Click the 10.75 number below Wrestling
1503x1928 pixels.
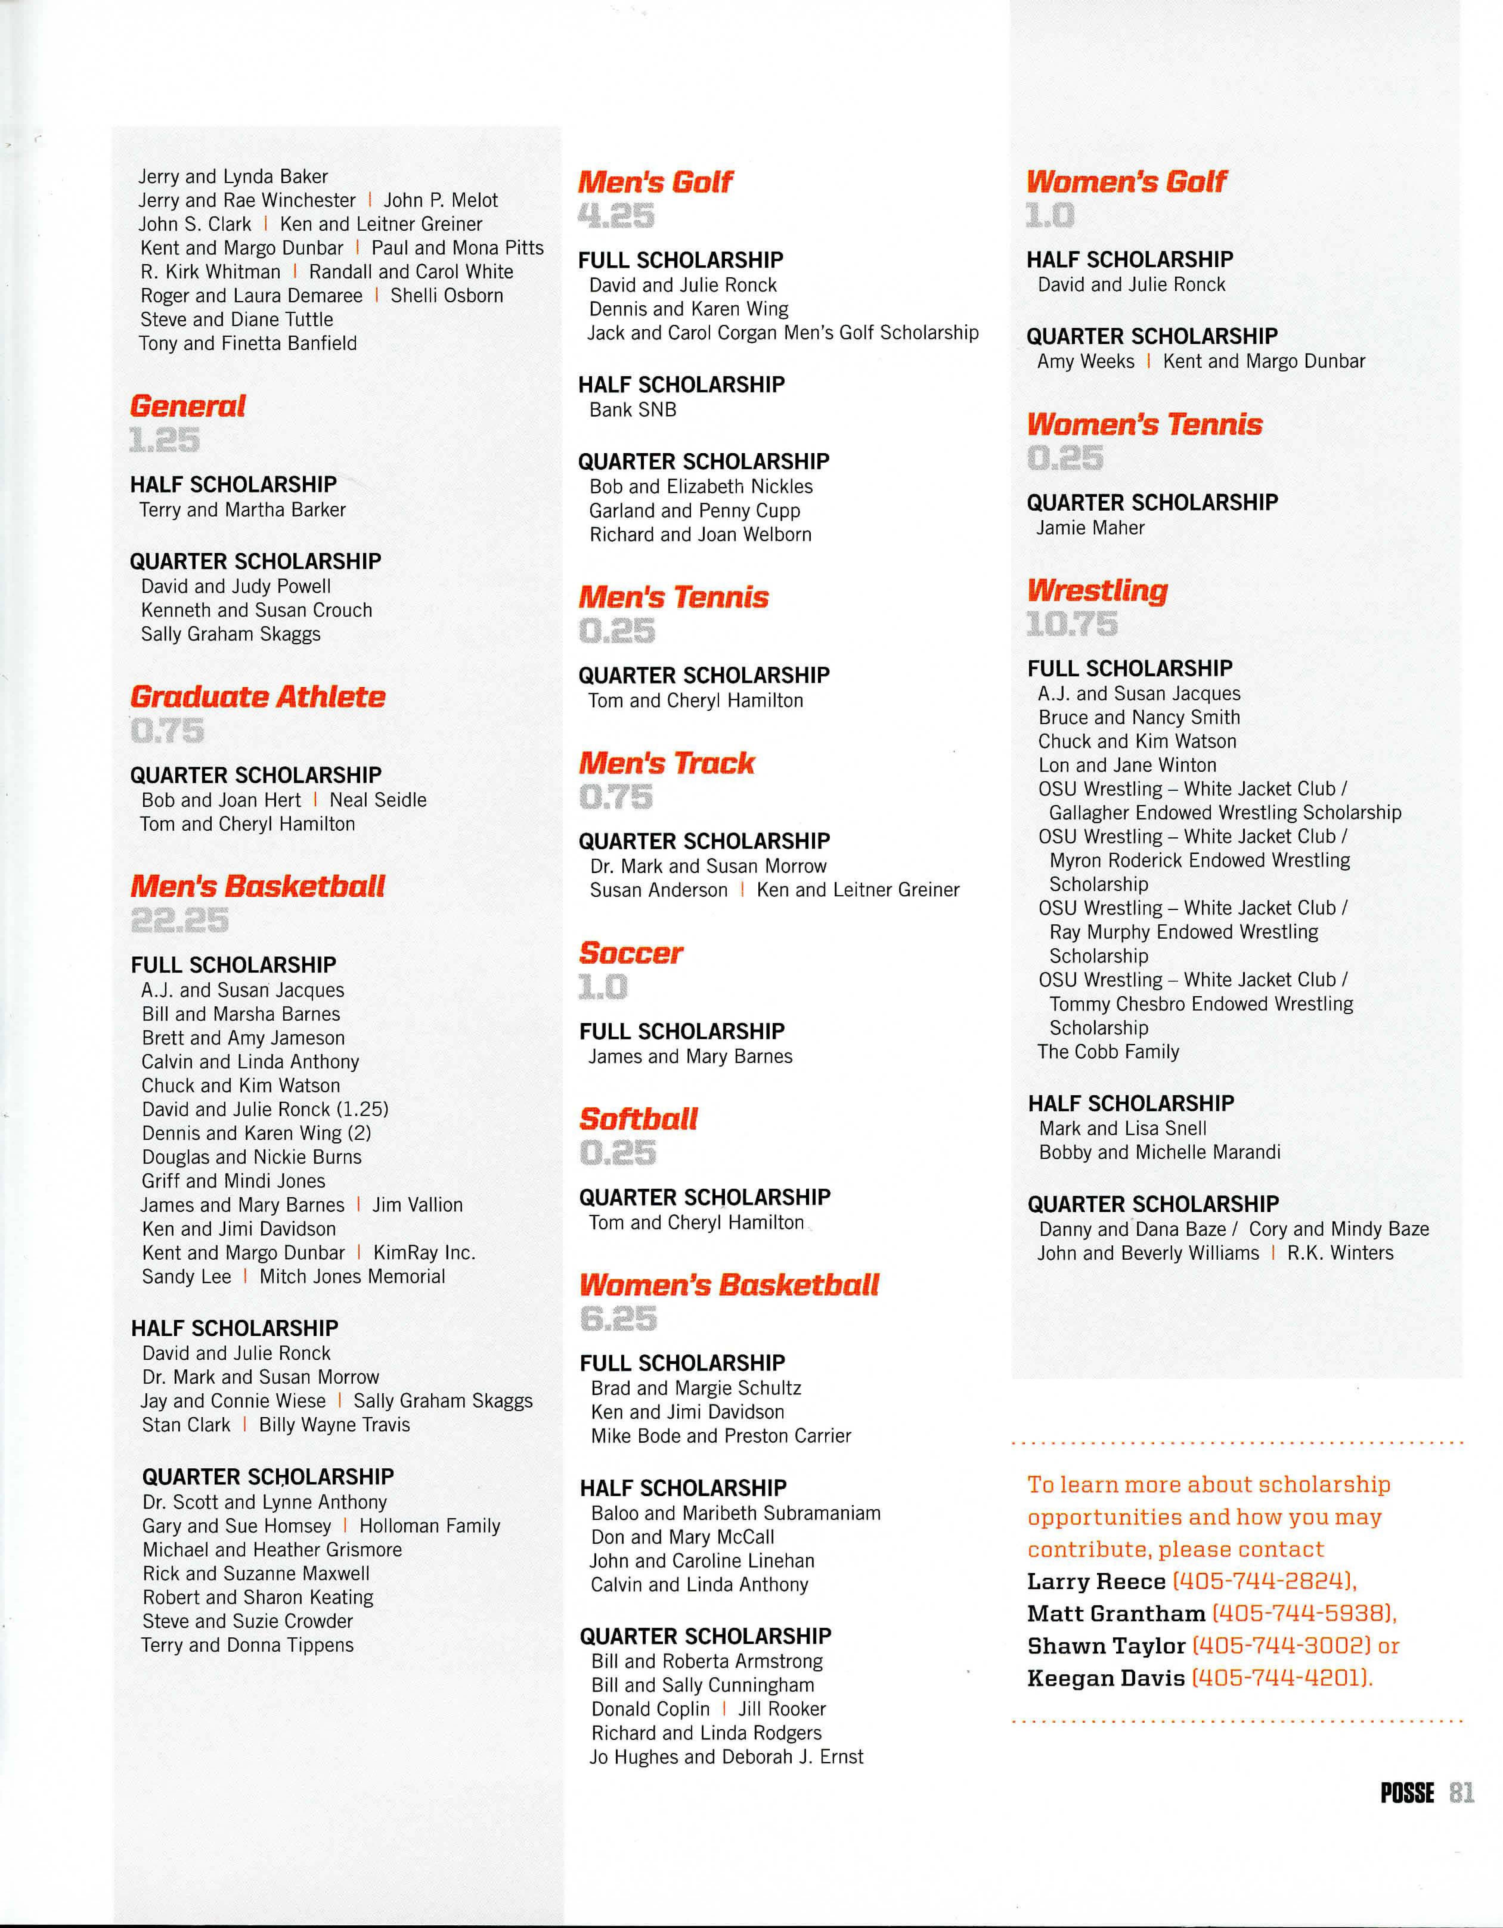[x=1071, y=624]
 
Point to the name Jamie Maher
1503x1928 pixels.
[x=1090, y=528]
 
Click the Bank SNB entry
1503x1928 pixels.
[x=632, y=410]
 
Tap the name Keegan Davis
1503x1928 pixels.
[x=1106, y=1678]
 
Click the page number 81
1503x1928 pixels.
[x=1462, y=1793]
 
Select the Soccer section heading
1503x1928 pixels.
[x=630, y=953]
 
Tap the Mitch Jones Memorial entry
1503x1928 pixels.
[x=352, y=1276]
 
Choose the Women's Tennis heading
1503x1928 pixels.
[x=1144, y=424]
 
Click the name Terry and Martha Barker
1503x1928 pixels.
[x=242, y=510]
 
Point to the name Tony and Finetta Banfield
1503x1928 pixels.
[x=248, y=343]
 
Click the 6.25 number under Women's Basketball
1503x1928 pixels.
[x=618, y=1319]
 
